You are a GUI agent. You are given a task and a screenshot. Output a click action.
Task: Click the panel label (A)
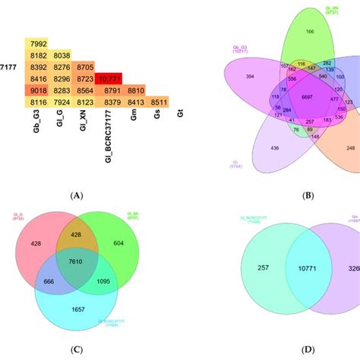pyautogui.click(x=75, y=195)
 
